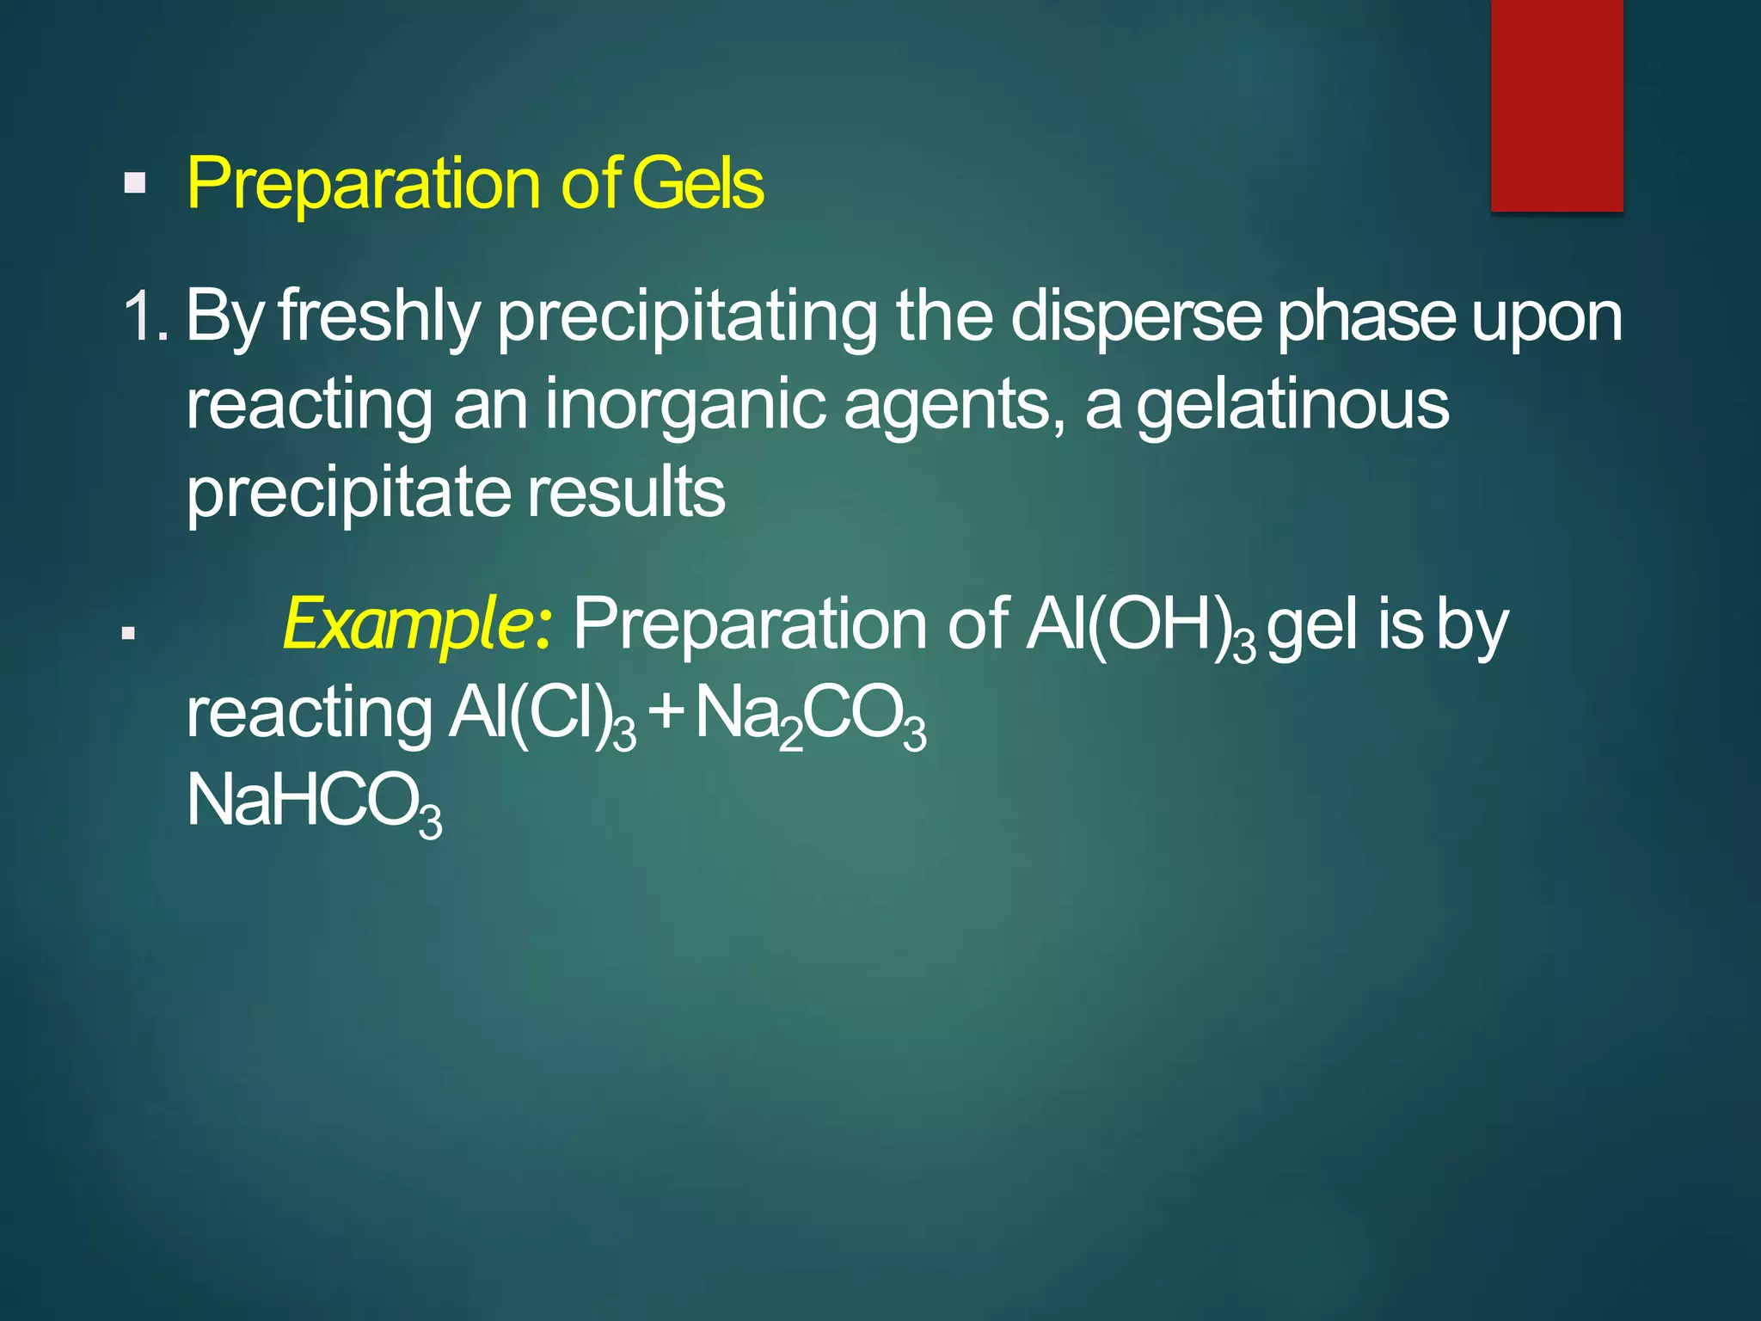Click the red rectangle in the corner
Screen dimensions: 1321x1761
[x=1556, y=105]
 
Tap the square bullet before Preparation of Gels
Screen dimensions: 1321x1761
[x=135, y=183]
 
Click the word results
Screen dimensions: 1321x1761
[x=626, y=492]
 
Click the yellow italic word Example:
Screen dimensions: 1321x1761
[x=418, y=624]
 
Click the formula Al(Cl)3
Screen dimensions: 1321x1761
[x=542, y=716]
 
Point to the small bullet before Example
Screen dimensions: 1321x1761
[x=129, y=635]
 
